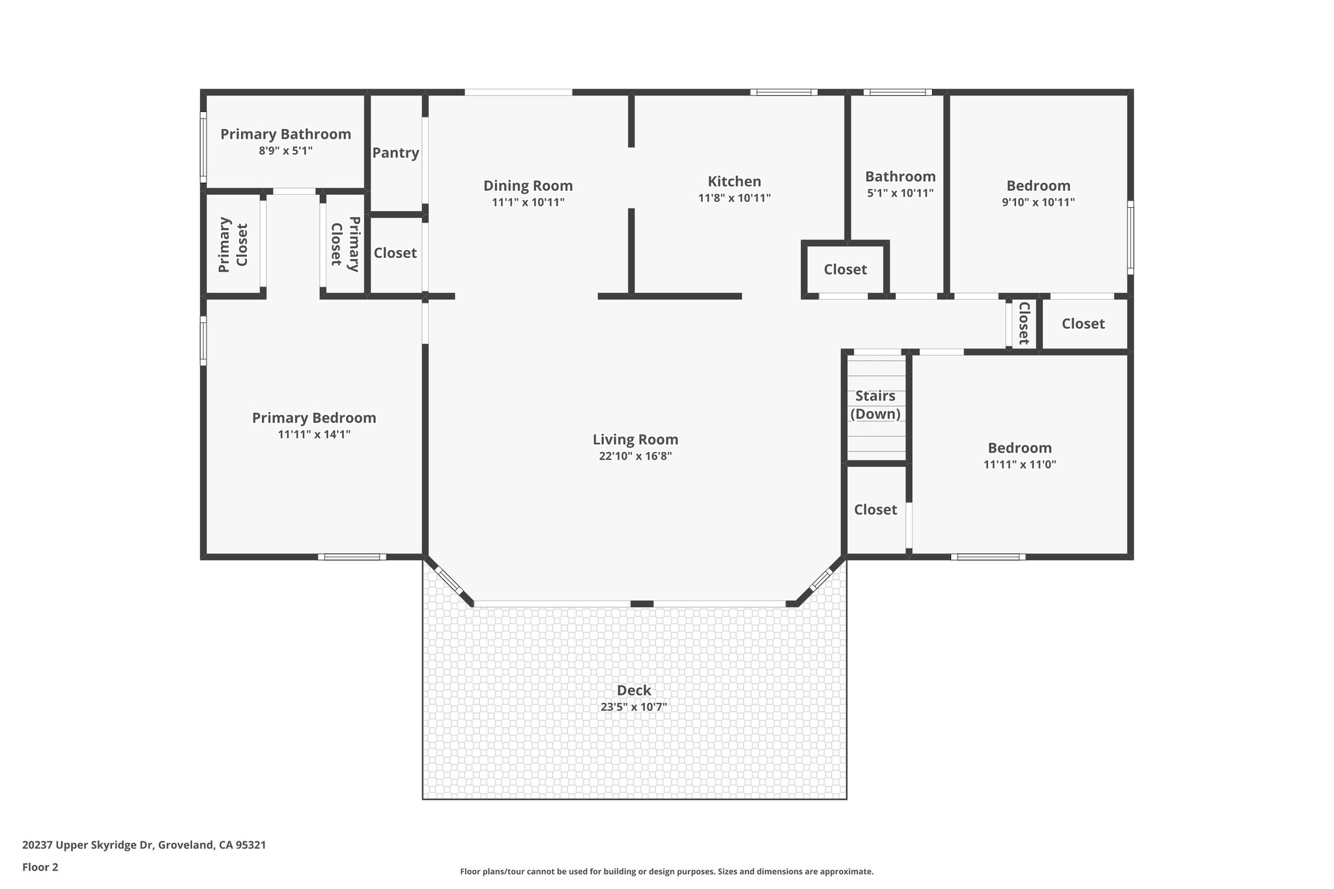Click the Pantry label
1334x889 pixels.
(395, 153)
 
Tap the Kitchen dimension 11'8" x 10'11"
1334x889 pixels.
(734, 198)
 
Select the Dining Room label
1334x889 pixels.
(528, 186)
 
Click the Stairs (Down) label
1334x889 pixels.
(875, 404)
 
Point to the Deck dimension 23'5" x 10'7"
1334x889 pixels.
(633, 707)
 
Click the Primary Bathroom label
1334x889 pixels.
(285, 134)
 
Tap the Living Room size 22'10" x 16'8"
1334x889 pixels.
(635, 457)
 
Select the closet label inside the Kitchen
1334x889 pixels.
(845, 270)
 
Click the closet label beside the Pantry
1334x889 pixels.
(395, 253)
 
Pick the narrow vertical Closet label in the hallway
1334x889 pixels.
(1023, 323)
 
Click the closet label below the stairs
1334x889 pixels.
(875, 510)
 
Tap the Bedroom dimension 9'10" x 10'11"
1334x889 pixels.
(1038, 203)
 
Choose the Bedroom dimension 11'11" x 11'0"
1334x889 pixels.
(1019, 465)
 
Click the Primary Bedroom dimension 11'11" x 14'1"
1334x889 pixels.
(314, 434)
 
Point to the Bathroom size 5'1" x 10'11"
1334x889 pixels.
(900, 193)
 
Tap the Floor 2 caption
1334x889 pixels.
(40, 868)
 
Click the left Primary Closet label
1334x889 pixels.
(233, 245)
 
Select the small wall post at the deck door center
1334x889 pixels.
(642, 604)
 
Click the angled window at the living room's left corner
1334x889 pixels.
(449, 581)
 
